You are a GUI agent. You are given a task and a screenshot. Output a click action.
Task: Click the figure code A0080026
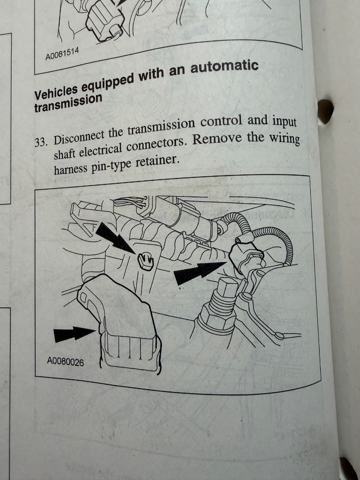click(x=65, y=362)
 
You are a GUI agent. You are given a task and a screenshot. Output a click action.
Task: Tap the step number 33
click(x=41, y=142)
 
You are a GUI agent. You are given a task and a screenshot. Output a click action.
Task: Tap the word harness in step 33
click(x=70, y=169)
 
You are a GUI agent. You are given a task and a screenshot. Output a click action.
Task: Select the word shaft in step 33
click(x=64, y=154)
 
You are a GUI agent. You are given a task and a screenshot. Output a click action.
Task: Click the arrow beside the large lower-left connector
click(x=74, y=334)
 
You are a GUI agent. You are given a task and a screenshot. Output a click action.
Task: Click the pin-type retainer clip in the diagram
click(x=146, y=262)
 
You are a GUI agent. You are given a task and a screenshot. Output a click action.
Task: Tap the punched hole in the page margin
click(x=326, y=112)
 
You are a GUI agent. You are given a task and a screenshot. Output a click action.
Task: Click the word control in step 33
click(x=221, y=121)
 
